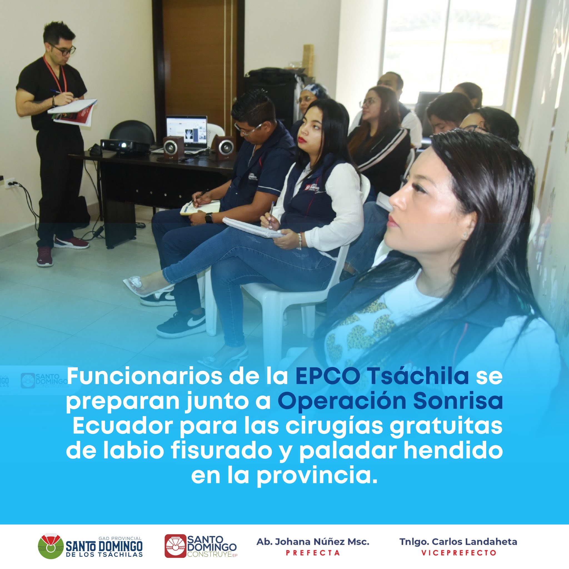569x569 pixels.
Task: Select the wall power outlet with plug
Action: pyautogui.click(x=10, y=183)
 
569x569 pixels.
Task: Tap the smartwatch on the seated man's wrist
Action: pyautogui.click(x=209, y=218)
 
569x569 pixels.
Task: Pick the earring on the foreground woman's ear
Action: pyautogui.click(x=465, y=235)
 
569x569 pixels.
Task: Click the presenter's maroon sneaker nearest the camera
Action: pyautogui.click(x=45, y=256)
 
